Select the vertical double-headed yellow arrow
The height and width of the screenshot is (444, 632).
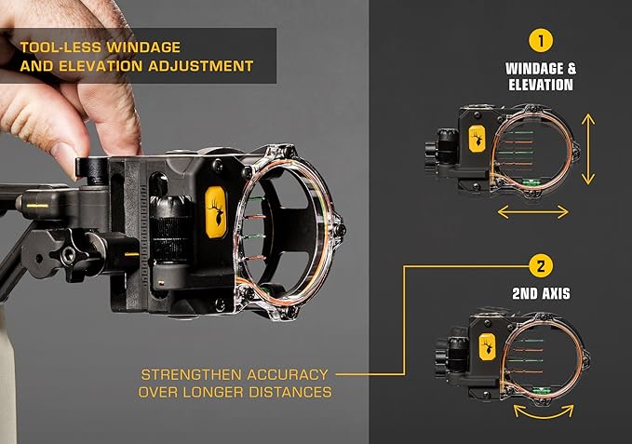tap(586, 149)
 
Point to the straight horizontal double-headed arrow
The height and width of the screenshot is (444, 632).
tap(532, 212)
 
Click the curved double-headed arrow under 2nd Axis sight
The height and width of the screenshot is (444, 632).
tap(532, 410)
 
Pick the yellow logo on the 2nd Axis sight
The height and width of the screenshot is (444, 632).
tap(485, 345)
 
